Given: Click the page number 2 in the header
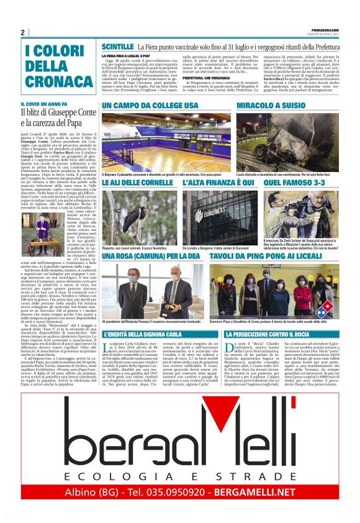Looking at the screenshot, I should pos(22,32).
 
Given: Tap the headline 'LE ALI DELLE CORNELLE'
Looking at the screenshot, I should pos(137,183).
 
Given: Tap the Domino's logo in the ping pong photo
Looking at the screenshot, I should pos(323,308).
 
